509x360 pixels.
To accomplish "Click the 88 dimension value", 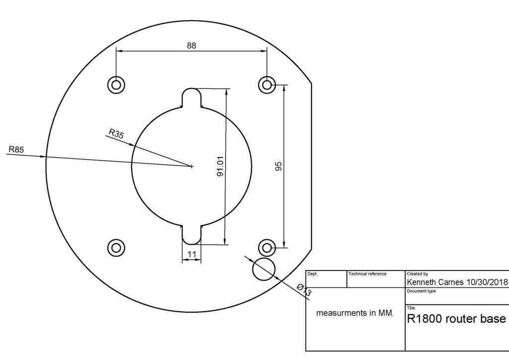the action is pos(191,45).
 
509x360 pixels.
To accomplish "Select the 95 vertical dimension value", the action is pos(279,166).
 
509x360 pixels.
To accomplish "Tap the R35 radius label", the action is pos(116,133).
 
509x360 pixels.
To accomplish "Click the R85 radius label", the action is pos(16,149).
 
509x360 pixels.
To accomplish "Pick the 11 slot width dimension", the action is pos(191,255).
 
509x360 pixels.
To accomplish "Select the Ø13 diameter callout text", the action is pos(304,290).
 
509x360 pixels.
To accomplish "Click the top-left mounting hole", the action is pos(116,85).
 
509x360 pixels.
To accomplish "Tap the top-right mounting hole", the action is pos(267,85).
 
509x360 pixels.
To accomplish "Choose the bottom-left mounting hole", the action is pos(116,247).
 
